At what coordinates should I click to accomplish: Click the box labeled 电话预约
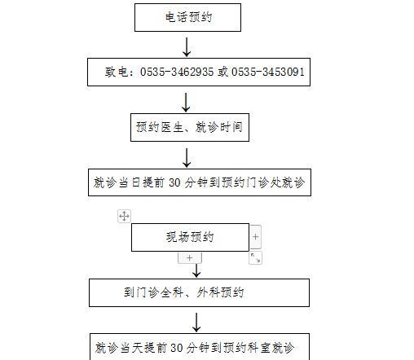tap(187, 17)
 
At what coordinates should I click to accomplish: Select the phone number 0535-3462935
tap(177, 72)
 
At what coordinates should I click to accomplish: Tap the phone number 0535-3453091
tap(268, 72)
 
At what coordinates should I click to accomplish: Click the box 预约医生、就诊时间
tap(190, 127)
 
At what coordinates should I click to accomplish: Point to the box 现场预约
tap(190, 237)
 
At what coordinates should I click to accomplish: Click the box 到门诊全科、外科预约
tap(199, 292)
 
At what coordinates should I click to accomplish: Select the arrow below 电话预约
tap(187, 47)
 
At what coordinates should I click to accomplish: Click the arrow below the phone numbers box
tap(186, 103)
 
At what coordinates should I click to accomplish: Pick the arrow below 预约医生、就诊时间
tap(187, 158)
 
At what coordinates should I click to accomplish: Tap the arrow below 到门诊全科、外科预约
tap(196, 323)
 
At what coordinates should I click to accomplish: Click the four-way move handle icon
tap(124, 216)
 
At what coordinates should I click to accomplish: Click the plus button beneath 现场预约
tap(190, 258)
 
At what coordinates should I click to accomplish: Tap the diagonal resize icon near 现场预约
tap(255, 258)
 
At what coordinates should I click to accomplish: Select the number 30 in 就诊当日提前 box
tap(174, 182)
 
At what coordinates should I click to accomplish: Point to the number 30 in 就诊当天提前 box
tap(177, 348)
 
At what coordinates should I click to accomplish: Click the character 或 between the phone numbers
tap(222, 72)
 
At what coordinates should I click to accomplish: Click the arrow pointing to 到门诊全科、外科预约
tap(196, 270)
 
